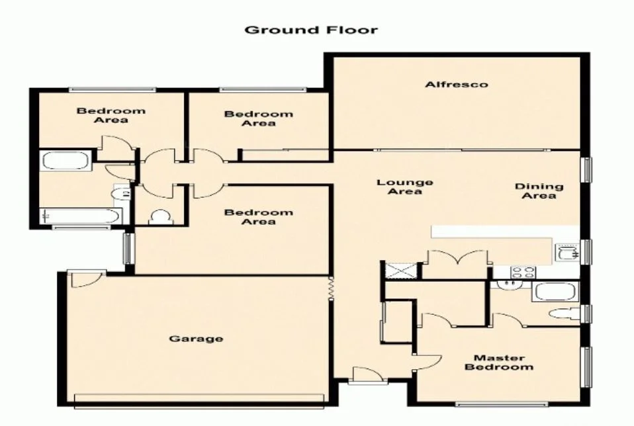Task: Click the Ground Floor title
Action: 311,30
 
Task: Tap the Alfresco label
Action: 457,85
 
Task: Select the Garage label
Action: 196,339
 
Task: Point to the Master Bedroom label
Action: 498,362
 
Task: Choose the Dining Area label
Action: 539,191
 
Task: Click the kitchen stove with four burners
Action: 523,271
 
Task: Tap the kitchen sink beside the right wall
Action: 566,252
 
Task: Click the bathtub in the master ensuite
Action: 555,292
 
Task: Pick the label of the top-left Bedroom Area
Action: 111,115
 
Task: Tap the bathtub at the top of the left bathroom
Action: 65,161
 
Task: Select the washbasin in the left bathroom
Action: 120,193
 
